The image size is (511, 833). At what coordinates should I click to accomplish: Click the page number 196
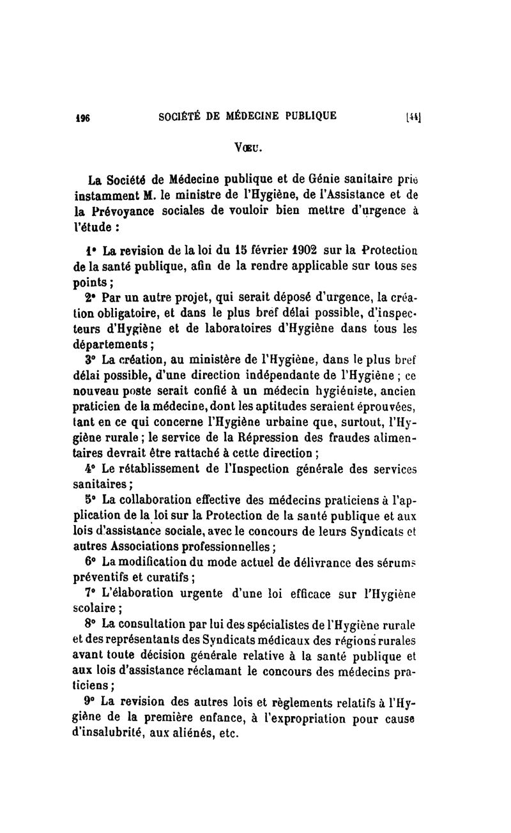(82, 117)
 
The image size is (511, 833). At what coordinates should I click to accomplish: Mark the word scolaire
(93, 608)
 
